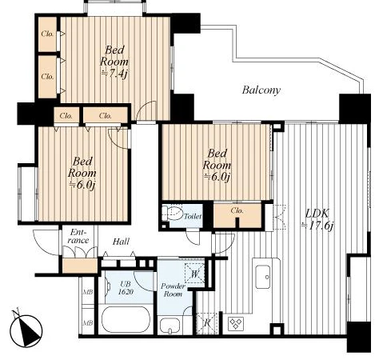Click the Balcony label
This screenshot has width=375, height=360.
coord(261,90)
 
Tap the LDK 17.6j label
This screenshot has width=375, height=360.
coord(317,220)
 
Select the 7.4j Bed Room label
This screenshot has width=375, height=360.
coord(114,62)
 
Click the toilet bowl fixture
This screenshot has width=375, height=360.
coord(173,213)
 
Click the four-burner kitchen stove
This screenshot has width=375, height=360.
coord(236,323)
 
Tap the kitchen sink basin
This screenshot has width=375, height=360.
coord(263,277)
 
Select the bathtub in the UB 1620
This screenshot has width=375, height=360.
coord(126,320)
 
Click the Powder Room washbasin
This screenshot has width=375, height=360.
coord(170,326)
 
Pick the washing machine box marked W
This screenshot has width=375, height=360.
coord(195,273)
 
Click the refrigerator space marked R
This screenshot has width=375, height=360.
coord(207,323)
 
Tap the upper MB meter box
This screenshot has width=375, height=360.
coord(88,291)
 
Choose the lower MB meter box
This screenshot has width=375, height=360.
coord(88,322)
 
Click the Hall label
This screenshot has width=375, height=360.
coord(121,242)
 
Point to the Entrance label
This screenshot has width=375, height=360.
coord(78,236)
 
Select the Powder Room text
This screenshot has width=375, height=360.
coord(173,290)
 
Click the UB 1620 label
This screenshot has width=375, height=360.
coord(126,287)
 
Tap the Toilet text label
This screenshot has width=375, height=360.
coord(193,216)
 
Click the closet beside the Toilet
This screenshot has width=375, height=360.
coord(237,215)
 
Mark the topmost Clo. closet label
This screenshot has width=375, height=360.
coord(47,34)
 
